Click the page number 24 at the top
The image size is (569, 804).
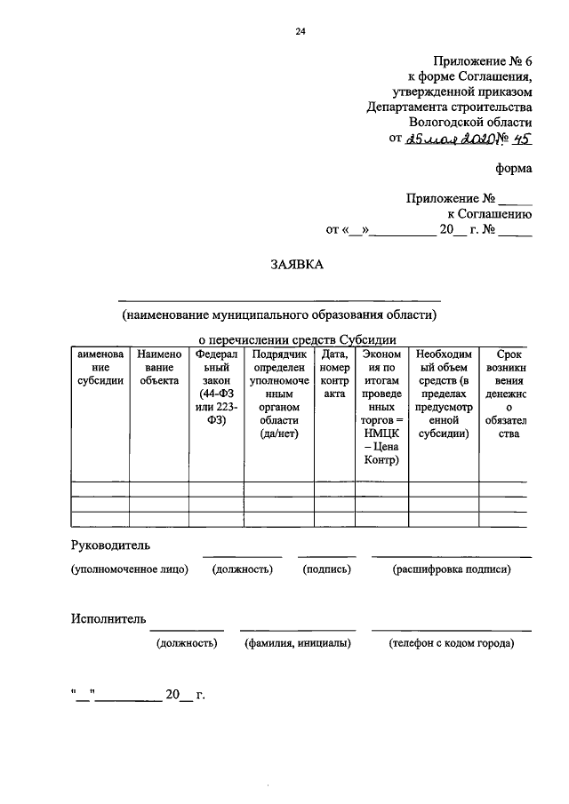pyautogui.click(x=301, y=31)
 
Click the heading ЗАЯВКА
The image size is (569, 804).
pyautogui.click(x=298, y=264)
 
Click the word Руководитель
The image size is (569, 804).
pyautogui.click(x=111, y=544)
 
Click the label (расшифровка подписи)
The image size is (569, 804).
pyautogui.click(x=452, y=569)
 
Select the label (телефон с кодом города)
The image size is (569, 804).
pyautogui.click(x=452, y=643)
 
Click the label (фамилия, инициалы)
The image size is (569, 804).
pyautogui.click(x=297, y=643)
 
